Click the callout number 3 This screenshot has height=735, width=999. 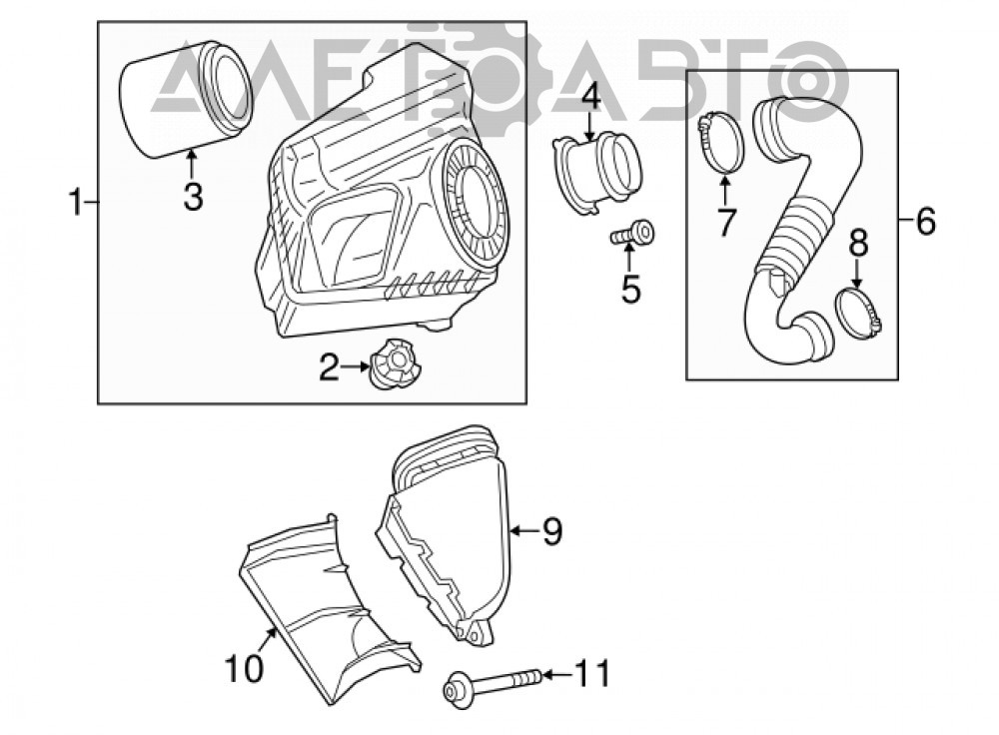[x=193, y=196]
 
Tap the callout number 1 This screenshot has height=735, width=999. [x=77, y=202]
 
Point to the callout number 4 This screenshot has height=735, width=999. [x=590, y=98]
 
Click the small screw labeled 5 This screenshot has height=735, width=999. [x=632, y=234]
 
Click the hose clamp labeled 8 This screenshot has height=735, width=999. [x=858, y=312]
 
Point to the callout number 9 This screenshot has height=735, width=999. [x=552, y=530]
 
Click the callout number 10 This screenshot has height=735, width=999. [x=244, y=668]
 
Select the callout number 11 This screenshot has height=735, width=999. [x=592, y=673]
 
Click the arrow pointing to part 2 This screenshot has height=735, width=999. [x=356, y=367]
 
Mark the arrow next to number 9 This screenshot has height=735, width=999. [x=525, y=530]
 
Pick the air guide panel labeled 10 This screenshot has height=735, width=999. [x=330, y=609]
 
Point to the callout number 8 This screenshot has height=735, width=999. [x=859, y=244]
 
